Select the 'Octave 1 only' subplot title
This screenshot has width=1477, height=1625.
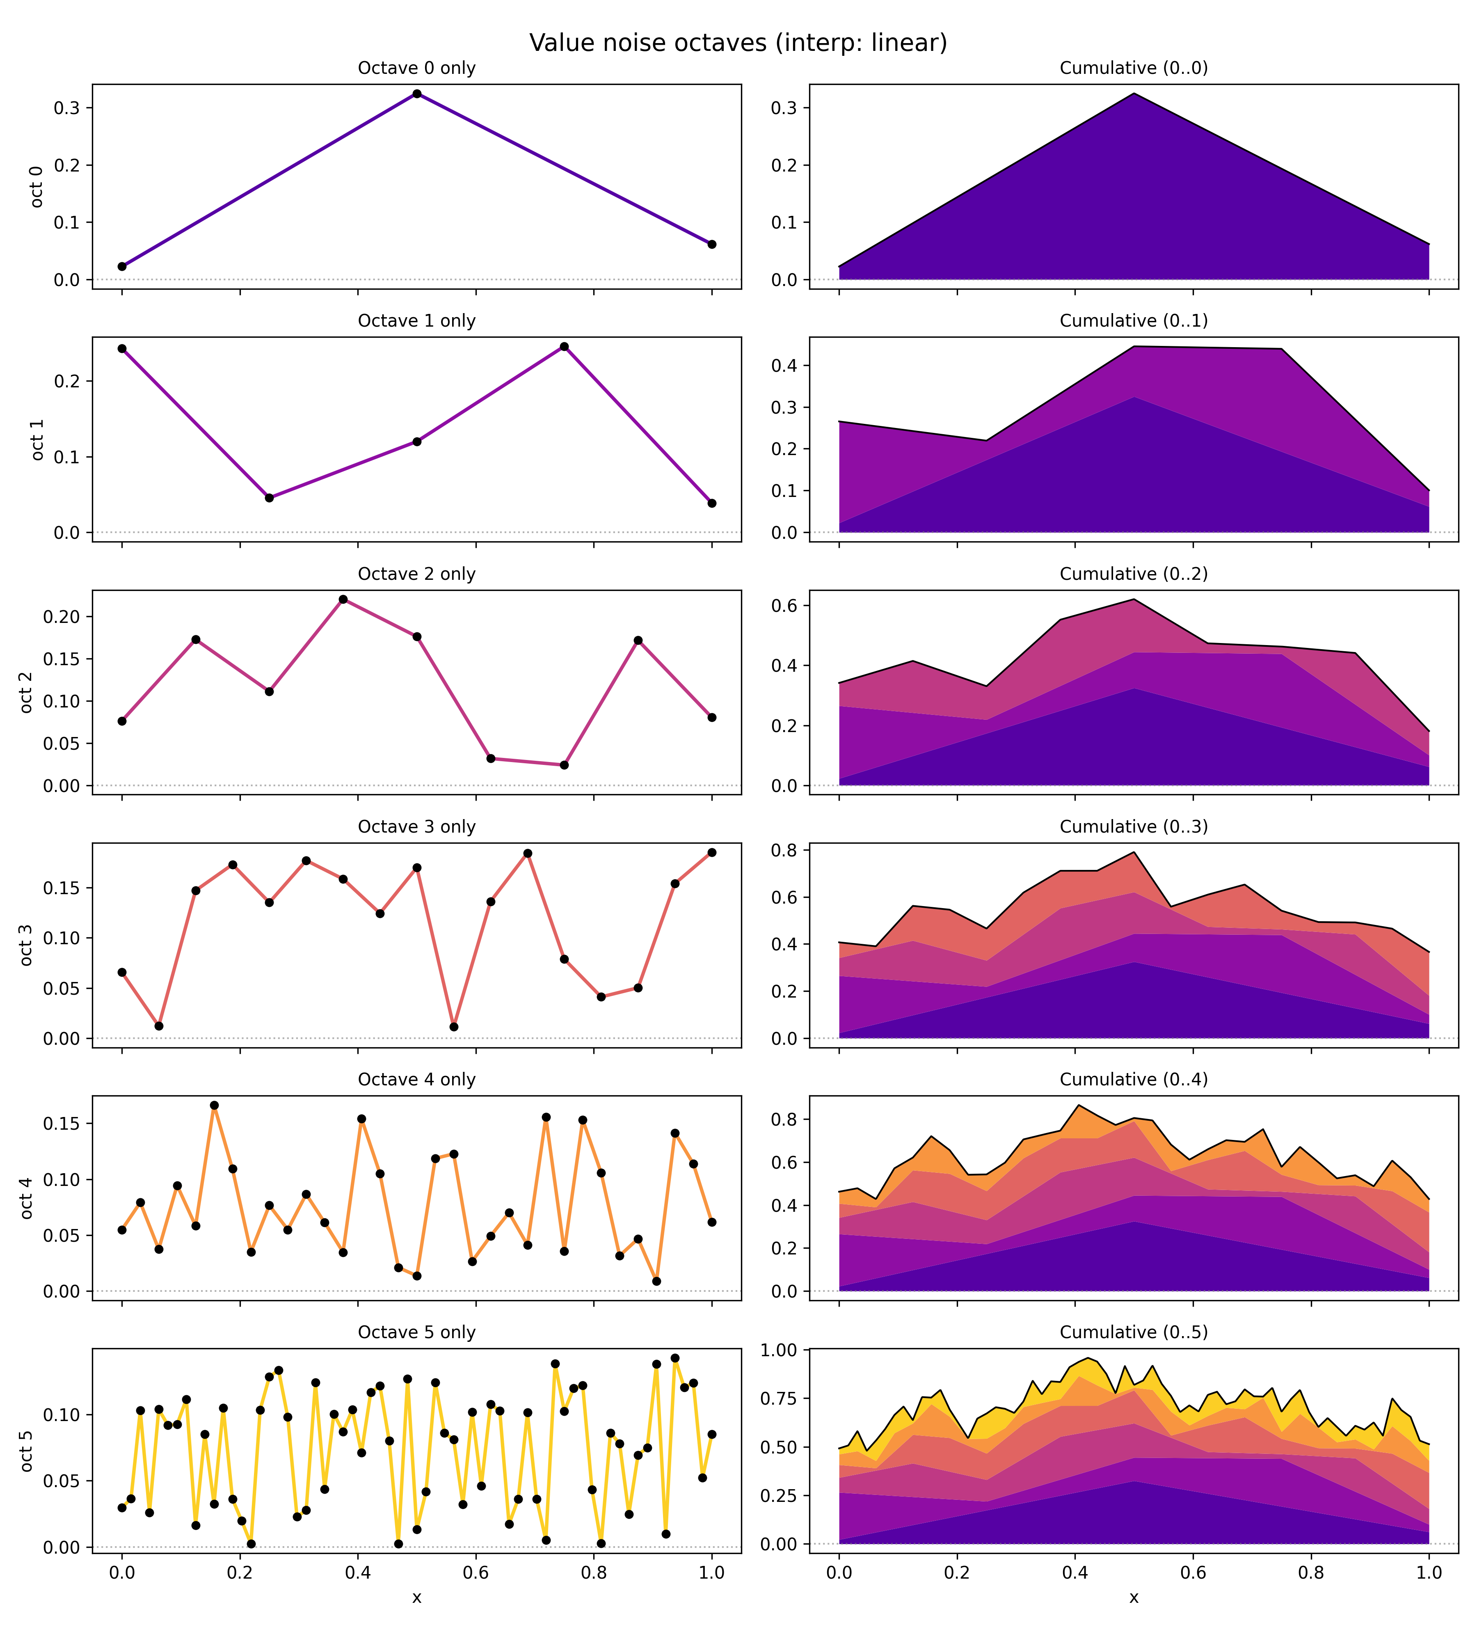416,321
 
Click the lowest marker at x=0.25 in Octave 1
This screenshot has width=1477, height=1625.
269,498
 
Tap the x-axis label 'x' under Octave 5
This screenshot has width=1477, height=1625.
416,1598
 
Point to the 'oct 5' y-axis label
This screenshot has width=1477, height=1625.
27,1451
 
